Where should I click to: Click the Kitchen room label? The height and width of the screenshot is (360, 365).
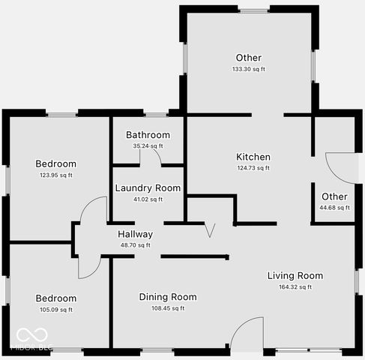click(x=253, y=157)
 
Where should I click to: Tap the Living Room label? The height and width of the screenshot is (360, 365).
click(x=295, y=276)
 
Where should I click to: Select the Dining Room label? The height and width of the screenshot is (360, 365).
click(x=168, y=297)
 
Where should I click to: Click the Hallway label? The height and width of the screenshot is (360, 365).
click(x=135, y=234)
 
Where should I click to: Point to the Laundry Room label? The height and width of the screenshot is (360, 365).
click(x=148, y=188)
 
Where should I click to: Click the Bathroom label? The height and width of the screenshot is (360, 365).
click(x=148, y=135)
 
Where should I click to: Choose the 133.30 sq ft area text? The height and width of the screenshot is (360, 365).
click(x=249, y=69)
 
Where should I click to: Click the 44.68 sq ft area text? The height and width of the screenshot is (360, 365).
click(x=334, y=208)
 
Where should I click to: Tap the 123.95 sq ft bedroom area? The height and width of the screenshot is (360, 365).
click(x=56, y=175)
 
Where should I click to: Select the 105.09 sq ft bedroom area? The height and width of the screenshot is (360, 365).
click(x=56, y=309)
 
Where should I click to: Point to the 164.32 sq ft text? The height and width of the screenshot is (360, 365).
click(x=295, y=286)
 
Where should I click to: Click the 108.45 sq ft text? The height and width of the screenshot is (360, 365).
click(x=168, y=307)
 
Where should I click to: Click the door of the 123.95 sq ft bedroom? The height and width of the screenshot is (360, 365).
click(x=93, y=210)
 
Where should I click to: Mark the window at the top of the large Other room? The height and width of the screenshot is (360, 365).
click(x=253, y=10)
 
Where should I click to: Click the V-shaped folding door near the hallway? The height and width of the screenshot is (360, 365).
click(x=210, y=229)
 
